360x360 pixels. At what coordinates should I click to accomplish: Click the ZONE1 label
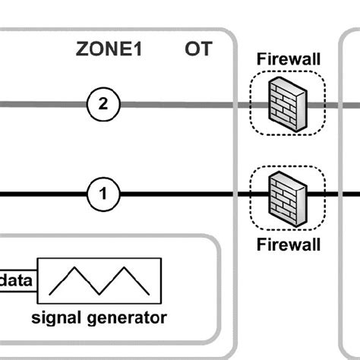coord(109,50)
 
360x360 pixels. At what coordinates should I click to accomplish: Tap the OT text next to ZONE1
coord(198,50)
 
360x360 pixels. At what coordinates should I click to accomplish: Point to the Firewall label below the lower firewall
coord(287,245)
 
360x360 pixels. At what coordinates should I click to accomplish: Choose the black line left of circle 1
coord(42,196)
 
